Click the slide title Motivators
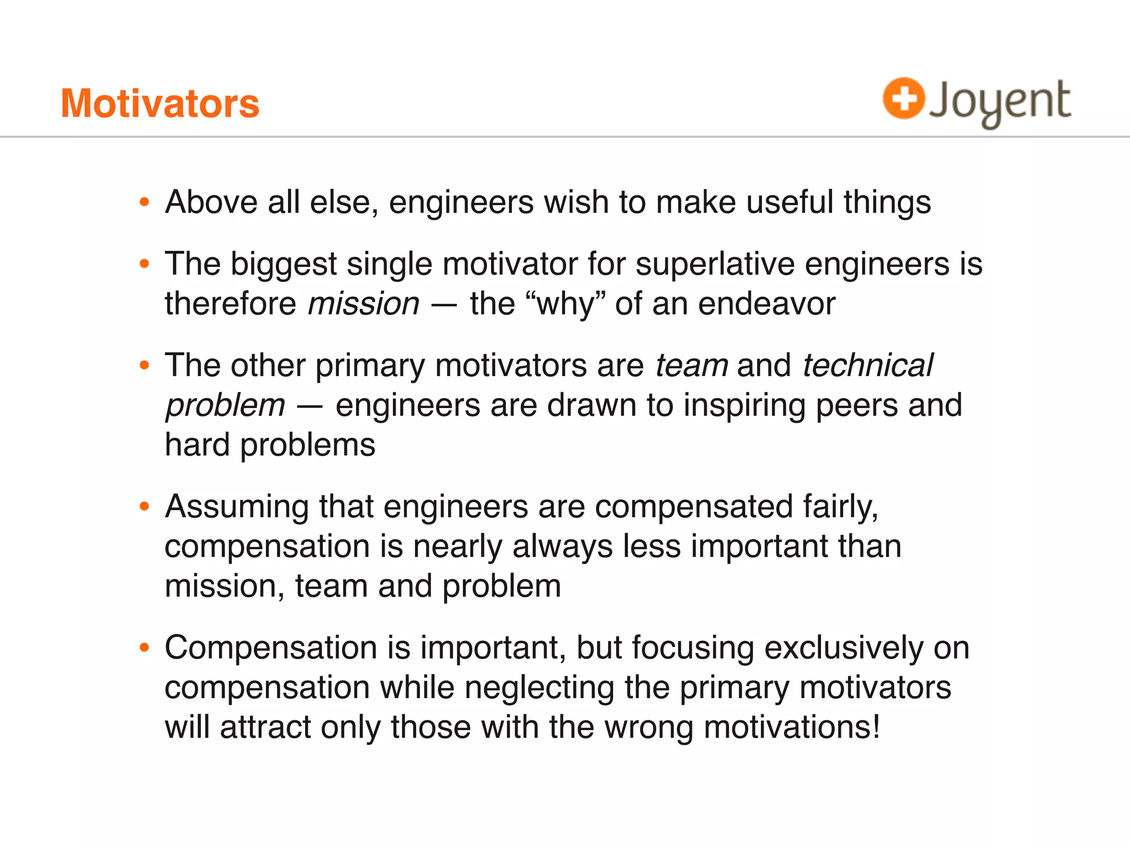(x=160, y=104)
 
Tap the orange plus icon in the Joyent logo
(x=903, y=99)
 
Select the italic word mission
(x=364, y=304)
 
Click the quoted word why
(x=567, y=304)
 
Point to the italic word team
(x=691, y=366)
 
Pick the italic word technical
(x=867, y=366)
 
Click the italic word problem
(x=226, y=406)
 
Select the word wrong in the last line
(x=649, y=727)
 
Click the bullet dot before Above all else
(x=145, y=202)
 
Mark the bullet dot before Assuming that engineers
(x=145, y=506)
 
